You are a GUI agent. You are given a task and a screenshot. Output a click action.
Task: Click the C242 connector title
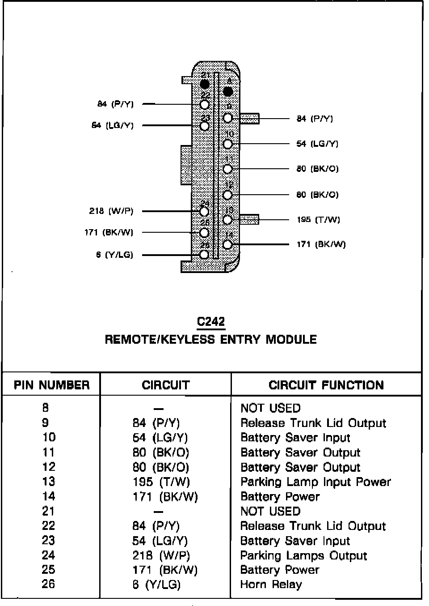(211, 321)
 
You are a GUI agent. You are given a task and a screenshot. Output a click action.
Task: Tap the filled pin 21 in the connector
(205, 84)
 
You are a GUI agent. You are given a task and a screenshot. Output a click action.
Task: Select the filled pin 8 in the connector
(228, 92)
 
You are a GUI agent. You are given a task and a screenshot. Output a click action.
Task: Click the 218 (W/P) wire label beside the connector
(111, 211)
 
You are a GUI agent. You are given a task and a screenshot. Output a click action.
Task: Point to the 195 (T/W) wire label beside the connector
(318, 220)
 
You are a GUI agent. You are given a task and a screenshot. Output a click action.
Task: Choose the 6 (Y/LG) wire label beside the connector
(114, 255)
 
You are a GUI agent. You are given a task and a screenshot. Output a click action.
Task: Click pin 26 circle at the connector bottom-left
(204, 255)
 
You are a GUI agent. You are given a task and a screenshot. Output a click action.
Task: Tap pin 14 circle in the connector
(227, 244)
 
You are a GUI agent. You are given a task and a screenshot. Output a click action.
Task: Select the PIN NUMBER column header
(51, 385)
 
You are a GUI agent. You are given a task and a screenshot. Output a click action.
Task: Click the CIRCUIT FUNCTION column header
(326, 385)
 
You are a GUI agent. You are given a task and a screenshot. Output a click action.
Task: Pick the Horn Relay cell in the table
(271, 584)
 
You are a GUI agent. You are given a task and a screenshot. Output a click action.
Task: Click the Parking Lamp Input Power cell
(315, 482)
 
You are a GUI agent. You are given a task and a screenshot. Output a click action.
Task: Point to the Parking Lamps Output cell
(303, 555)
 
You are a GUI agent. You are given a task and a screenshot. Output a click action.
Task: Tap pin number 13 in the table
(48, 482)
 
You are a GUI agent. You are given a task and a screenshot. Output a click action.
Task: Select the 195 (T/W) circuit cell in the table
(161, 482)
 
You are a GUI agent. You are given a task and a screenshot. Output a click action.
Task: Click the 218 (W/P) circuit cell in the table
(161, 555)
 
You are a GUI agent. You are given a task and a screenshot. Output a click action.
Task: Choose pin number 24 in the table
(48, 555)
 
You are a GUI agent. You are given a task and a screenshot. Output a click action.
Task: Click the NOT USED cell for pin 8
(270, 408)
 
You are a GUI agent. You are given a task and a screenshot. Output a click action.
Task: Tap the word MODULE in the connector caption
(291, 339)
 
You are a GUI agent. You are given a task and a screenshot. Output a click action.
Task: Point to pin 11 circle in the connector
(227, 169)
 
